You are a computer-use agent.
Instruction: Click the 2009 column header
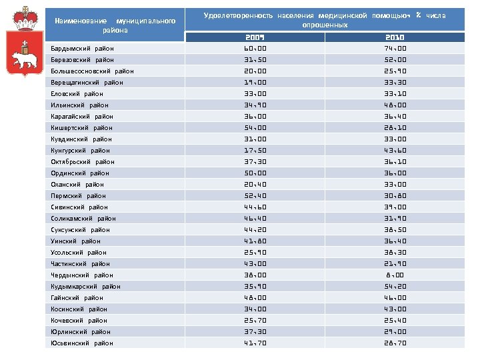(x=254, y=37)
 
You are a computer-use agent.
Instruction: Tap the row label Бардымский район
(x=82, y=48)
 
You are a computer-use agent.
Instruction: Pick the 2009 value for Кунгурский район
(x=254, y=150)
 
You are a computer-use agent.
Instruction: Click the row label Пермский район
(x=78, y=195)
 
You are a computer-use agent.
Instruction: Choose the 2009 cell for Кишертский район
(x=254, y=127)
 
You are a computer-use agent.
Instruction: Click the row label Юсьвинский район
(x=82, y=343)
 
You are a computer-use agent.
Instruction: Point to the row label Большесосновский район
(x=92, y=71)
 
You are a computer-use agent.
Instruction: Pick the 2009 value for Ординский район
(x=254, y=173)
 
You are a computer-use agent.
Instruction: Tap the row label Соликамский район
(x=83, y=218)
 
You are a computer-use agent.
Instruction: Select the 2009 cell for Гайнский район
(x=254, y=297)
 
